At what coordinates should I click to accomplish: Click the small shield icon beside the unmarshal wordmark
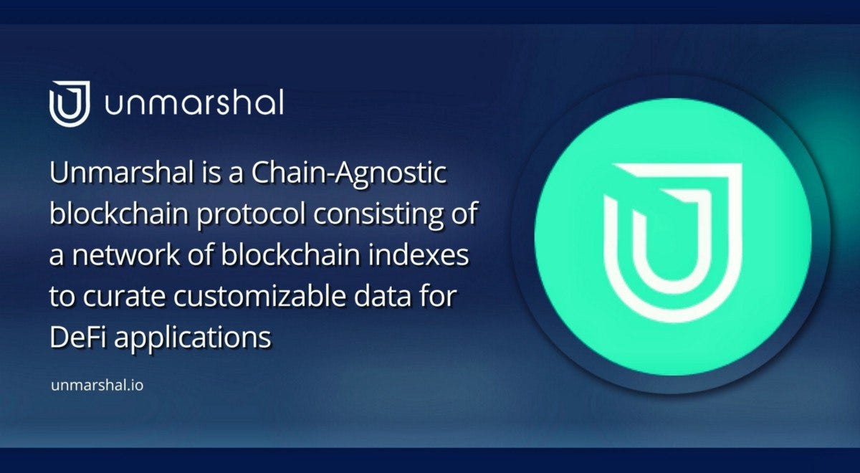click(x=69, y=104)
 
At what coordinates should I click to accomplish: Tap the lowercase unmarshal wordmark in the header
click(x=194, y=104)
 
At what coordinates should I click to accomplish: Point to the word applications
click(x=191, y=338)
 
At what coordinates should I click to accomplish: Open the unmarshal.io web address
click(x=97, y=386)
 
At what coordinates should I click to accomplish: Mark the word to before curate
click(x=60, y=297)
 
